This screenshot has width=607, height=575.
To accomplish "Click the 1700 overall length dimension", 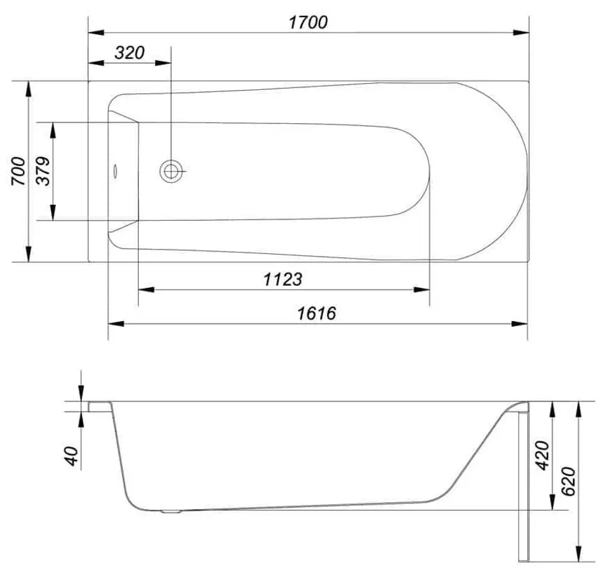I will [308, 22].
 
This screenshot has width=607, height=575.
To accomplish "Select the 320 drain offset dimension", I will [130, 53].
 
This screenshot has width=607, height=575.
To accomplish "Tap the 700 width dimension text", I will [19, 171].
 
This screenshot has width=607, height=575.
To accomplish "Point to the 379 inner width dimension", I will [43, 171].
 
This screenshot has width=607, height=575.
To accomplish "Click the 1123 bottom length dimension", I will [282, 279].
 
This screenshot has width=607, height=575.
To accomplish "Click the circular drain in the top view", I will [171, 170].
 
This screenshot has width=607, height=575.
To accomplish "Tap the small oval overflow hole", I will [116, 171].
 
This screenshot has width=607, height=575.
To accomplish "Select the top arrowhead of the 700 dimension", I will [27, 87].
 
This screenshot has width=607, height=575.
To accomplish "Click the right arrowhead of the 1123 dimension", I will [424, 290].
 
